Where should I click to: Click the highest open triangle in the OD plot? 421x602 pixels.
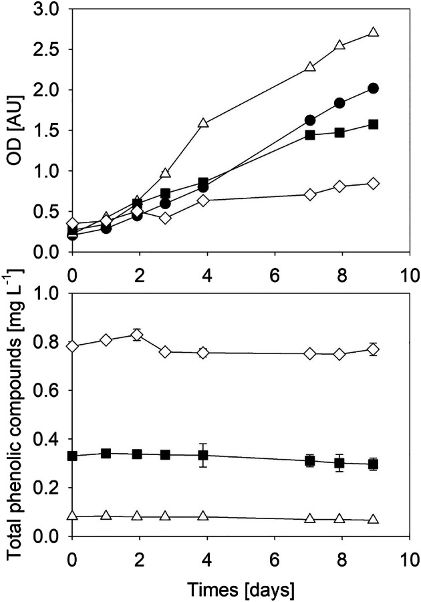pos(374,32)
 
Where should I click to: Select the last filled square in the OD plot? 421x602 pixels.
pos(374,124)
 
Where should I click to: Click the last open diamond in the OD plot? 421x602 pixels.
pos(374,184)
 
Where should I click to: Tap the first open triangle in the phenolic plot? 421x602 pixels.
pos(73,516)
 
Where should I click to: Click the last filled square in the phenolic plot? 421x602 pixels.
pos(374,464)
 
